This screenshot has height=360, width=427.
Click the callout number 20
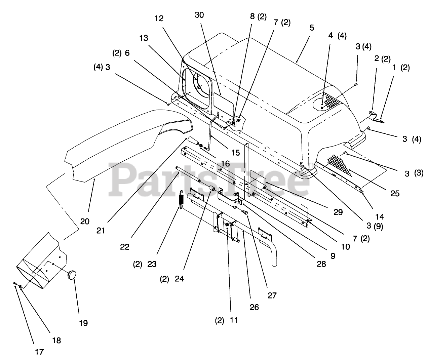pos(85,221)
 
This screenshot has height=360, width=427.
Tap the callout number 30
pos(199,15)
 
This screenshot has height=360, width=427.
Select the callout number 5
pos(312,28)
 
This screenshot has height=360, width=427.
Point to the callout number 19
pos(83,323)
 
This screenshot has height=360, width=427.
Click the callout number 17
pos(39,352)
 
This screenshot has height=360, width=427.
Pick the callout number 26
pos(254,307)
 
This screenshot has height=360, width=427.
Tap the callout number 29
pos(338,212)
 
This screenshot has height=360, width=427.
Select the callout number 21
pos(101,230)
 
